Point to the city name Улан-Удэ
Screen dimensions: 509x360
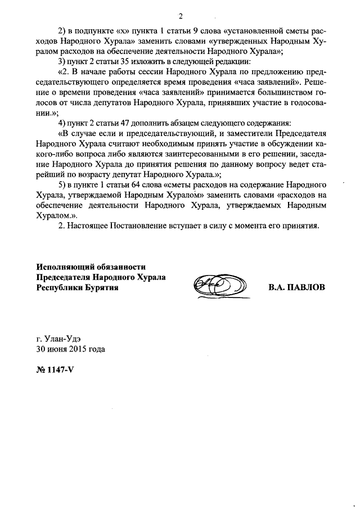pyautogui.click(x=62, y=339)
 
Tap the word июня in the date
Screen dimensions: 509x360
pyautogui.click(x=57, y=349)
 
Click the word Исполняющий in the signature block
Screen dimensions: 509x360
pyautogui.click(x=64, y=267)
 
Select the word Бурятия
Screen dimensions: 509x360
pyautogui.click(x=99, y=287)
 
